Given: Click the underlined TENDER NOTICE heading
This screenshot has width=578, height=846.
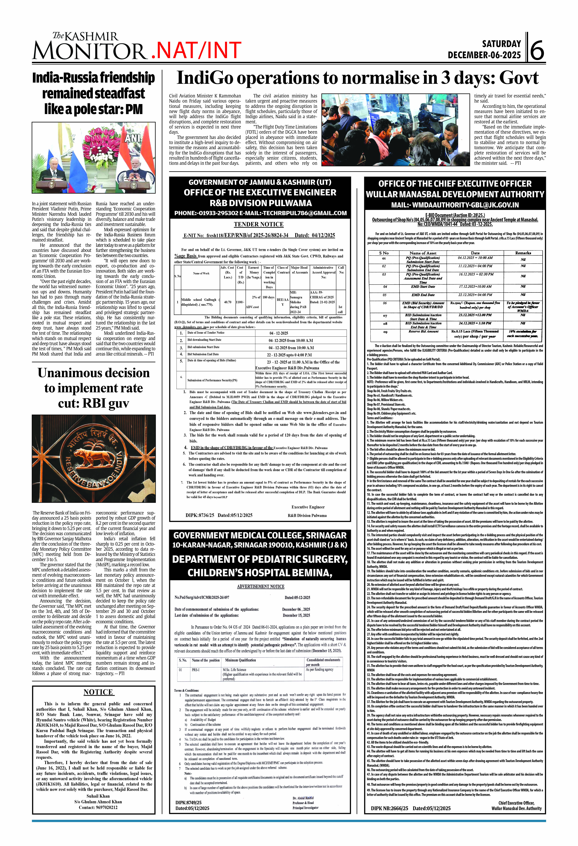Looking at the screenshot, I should [259, 224].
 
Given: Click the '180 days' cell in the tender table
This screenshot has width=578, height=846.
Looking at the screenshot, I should [268, 297].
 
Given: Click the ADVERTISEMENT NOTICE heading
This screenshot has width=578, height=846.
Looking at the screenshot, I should [260, 586].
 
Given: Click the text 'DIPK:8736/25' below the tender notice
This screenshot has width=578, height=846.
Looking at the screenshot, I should [200, 515].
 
